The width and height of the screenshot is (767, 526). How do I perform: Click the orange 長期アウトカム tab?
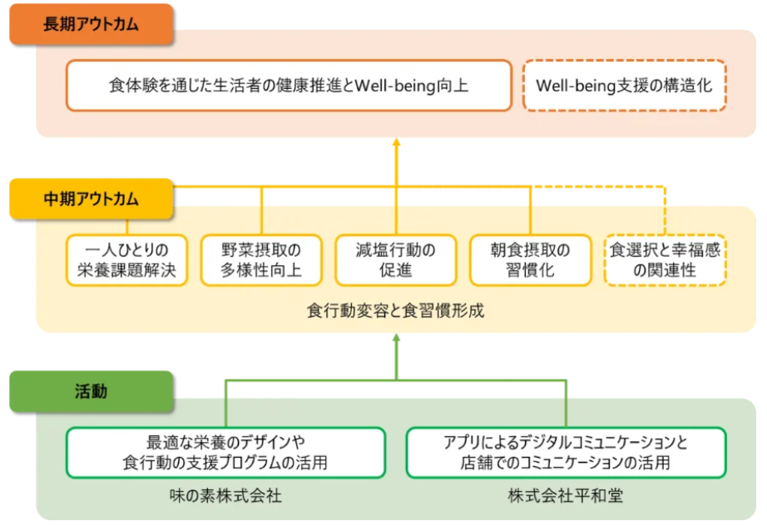91,24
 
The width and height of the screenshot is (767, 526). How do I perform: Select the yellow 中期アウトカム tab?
91,199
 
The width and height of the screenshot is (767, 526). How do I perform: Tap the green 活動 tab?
91,391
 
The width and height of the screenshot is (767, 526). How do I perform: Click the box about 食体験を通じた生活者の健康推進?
289,85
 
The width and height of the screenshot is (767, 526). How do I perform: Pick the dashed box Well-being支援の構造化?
624,85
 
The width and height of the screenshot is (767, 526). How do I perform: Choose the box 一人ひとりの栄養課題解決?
127,260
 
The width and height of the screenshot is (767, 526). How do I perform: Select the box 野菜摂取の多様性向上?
261,260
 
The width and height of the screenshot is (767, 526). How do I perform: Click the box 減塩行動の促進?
395,260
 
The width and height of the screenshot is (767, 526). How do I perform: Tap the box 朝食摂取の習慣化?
530,260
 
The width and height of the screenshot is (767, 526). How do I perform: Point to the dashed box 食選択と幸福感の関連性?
665,260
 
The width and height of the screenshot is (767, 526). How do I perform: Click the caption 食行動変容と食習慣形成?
395,312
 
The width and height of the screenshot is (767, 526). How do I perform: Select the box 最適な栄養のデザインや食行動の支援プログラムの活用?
225,453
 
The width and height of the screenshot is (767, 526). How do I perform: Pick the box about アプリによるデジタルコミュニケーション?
566,453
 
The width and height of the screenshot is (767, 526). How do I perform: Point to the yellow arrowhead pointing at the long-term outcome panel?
396,143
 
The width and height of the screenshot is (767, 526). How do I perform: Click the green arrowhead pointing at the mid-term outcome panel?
396,338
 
